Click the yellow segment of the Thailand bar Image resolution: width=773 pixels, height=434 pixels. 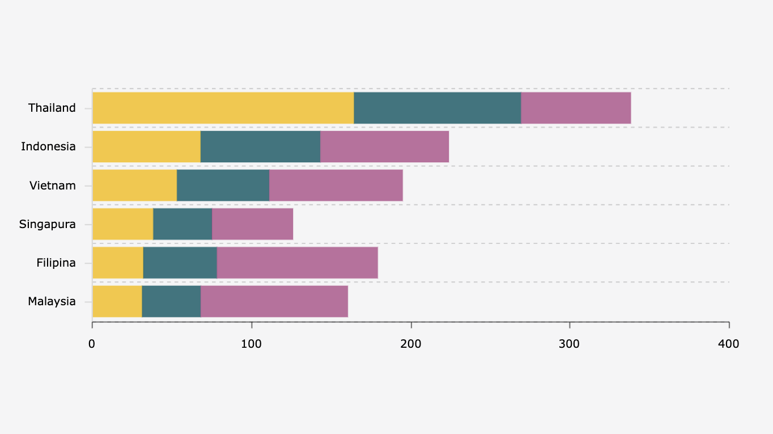click(223, 108)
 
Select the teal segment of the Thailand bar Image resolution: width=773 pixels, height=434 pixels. click(437, 108)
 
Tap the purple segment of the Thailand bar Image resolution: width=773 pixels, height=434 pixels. click(575, 108)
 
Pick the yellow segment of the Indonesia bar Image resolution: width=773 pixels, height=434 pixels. click(146, 146)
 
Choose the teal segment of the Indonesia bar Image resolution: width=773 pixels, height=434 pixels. click(260, 146)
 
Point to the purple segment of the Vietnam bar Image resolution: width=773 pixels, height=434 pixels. click(335, 186)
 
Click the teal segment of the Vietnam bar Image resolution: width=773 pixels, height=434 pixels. click(223, 186)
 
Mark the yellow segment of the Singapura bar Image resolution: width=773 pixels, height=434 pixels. click(122, 224)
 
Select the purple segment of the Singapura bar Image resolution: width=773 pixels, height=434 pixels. click(252, 224)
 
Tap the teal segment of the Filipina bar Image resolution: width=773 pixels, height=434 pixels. click(180, 263)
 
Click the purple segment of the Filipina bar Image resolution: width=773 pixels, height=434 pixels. click(297, 263)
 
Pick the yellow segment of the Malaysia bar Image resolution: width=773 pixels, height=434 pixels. click(117, 301)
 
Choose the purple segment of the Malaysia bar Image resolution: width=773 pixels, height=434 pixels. click(274, 301)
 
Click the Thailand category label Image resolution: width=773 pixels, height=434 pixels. click(52, 108)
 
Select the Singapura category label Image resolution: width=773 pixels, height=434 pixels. click(48, 224)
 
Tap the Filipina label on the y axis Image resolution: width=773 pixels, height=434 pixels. click(56, 263)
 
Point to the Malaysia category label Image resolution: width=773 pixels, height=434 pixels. click(52, 301)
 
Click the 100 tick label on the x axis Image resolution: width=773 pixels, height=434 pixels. click(251, 344)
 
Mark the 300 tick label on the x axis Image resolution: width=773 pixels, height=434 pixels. click(570, 344)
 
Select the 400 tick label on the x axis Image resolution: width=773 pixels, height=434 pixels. click(728, 344)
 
